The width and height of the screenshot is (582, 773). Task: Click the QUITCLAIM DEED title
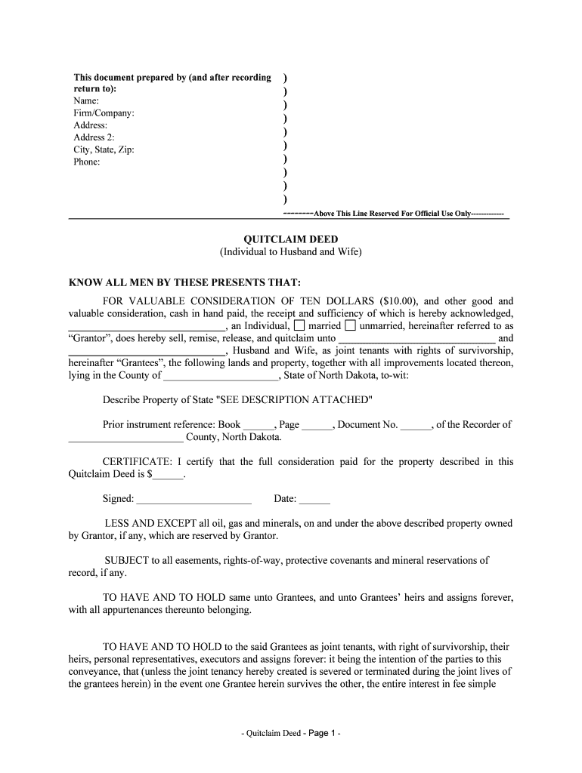(290, 239)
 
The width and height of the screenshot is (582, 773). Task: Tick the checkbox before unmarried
(350, 326)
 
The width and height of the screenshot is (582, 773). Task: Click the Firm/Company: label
(104, 113)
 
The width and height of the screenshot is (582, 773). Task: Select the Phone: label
(87, 162)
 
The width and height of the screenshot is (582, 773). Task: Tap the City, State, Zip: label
(104, 149)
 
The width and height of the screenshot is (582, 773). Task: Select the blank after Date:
(315, 500)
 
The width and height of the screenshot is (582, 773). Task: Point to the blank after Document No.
(415, 426)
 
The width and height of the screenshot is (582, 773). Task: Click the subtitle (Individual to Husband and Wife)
(290, 252)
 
